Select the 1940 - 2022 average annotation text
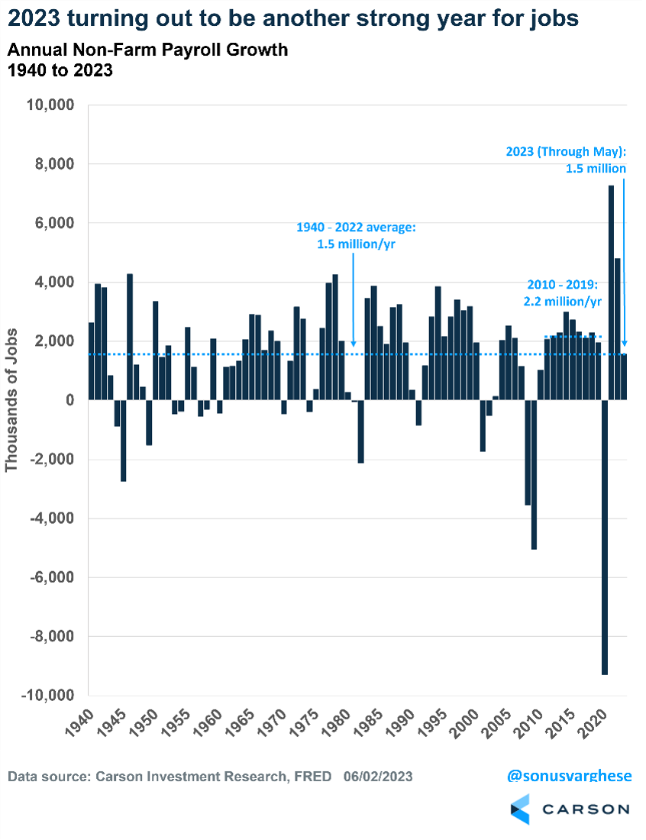click(x=357, y=234)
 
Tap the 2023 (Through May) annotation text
click(x=566, y=160)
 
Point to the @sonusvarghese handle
click(x=570, y=776)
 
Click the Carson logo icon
click(x=520, y=809)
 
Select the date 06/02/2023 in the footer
click(x=378, y=777)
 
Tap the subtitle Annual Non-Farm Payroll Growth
click(x=147, y=51)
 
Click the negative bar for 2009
click(x=534, y=474)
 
